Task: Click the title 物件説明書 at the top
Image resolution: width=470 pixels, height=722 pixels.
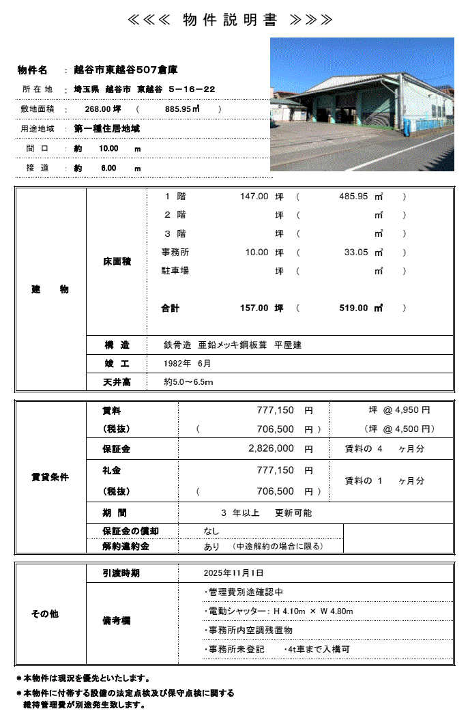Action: click(230, 20)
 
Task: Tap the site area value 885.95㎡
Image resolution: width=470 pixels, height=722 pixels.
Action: click(181, 109)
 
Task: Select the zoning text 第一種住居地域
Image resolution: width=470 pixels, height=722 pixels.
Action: click(108, 128)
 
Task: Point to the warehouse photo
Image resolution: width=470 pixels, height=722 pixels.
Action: click(362, 104)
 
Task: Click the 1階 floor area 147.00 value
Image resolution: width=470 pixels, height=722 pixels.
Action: click(254, 197)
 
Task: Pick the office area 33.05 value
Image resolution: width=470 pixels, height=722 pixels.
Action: click(356, 252)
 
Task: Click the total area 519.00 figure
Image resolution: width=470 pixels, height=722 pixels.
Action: click(353, 308)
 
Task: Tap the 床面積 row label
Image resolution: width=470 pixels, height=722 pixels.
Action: click(117, 261)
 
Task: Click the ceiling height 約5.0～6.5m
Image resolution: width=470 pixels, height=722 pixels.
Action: click(189, 382)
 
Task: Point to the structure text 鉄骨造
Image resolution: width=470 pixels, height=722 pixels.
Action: click(177, 345)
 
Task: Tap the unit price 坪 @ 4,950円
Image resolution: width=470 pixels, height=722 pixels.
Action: click(398, 410)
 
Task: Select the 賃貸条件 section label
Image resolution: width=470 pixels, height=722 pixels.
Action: click(50, 477)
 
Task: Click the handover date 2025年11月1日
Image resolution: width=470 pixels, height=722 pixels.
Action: click(233, 573)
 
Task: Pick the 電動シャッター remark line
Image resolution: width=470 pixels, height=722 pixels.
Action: click(278, 611)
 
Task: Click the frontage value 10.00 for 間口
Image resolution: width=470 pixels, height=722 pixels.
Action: click(108, 148)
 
